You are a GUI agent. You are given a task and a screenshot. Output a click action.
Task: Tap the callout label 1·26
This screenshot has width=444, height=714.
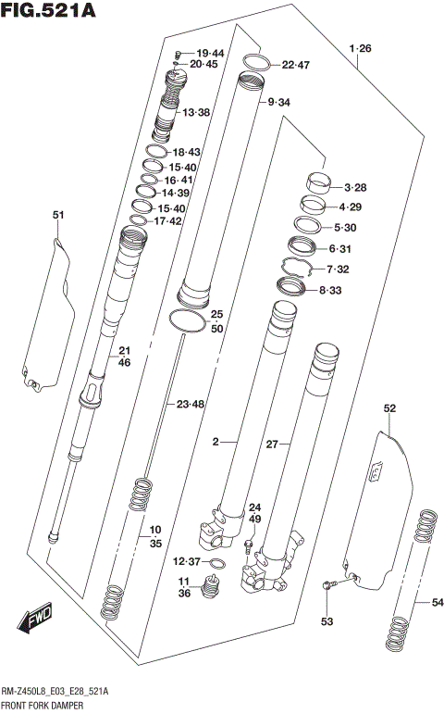[360, 48]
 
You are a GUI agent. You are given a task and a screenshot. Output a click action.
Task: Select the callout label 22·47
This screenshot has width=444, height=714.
[297, 65]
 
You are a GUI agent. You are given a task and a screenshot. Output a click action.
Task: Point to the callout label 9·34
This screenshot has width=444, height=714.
[278, 102]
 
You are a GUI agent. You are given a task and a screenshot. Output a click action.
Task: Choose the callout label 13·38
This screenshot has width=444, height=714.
[196, 112]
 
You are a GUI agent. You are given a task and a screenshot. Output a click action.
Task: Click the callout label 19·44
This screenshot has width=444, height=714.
[209, 53]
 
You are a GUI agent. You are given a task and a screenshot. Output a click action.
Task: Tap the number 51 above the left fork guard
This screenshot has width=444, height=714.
[58, 216]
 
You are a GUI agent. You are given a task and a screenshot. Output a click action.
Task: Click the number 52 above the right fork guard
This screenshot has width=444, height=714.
[389, 408]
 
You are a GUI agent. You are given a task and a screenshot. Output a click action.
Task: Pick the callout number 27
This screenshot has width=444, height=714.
[272, 445]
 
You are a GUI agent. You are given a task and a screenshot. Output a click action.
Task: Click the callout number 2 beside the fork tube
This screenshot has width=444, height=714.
[215, 443]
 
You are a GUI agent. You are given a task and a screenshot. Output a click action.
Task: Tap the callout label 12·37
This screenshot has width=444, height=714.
[186, 562]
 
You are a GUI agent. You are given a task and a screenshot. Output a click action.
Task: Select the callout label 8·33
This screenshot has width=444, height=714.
[329, 291]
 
